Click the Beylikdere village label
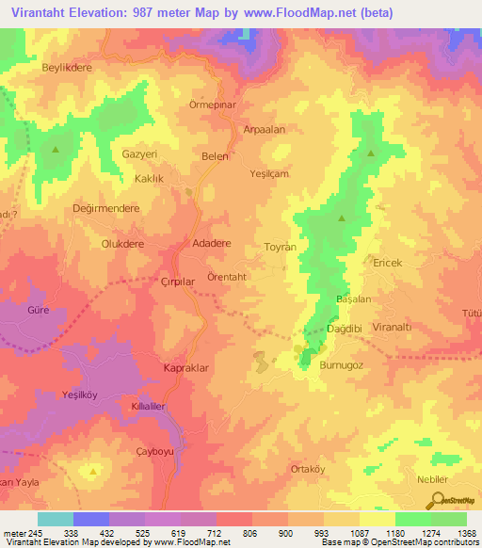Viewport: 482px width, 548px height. click(64, 68)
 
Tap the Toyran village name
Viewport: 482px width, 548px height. click(280, 245)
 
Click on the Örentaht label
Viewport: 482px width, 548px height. click(227, 277)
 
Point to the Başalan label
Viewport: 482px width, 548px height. click(355, 298)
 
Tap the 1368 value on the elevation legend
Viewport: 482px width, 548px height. click(466, 533)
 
